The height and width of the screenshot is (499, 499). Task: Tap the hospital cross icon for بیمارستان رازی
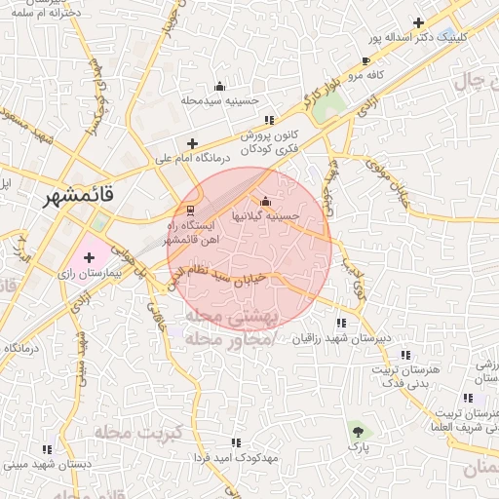point(90,258)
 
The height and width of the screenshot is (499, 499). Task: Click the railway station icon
point(190,210)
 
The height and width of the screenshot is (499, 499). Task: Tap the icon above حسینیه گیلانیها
point(266,201)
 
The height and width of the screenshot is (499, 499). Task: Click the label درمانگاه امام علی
point(193,157)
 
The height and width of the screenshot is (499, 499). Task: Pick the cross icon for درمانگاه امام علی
point(192,143)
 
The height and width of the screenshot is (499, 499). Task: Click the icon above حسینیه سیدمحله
point(218,86)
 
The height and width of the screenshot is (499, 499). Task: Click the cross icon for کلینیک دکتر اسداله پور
point(419,22)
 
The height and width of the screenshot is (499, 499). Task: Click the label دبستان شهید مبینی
point(48,465)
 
